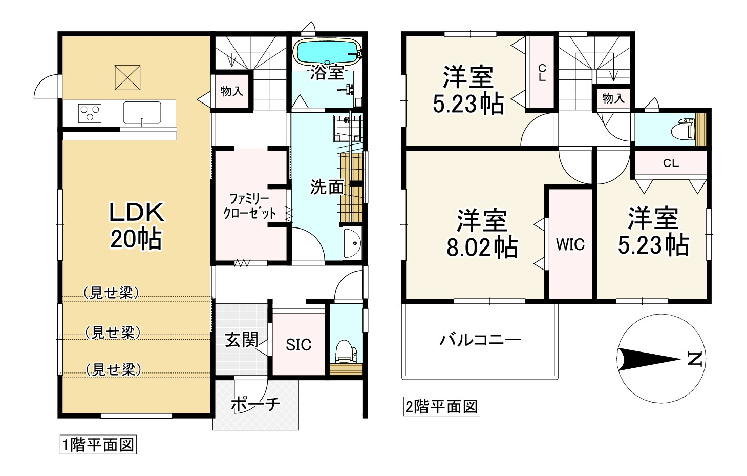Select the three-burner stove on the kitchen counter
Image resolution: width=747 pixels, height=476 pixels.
90,113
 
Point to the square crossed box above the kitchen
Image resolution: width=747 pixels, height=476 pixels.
127,77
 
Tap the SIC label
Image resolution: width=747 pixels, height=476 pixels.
298,345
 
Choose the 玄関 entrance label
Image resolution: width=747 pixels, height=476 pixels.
241,340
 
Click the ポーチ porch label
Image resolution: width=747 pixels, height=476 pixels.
255,405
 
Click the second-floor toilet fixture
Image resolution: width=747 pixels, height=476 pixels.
684,129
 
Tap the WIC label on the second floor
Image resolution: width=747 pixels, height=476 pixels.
570,245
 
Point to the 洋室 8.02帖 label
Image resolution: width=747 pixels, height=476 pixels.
482,234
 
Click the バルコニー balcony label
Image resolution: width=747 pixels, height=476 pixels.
480,340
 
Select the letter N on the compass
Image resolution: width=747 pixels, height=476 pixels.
694,359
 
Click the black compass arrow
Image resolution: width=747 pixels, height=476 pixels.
648,359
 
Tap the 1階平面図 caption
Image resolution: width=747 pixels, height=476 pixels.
98,445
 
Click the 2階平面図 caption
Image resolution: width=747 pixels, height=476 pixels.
441,407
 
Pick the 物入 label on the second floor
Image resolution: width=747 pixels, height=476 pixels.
613,98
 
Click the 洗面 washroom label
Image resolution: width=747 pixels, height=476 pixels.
327,188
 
